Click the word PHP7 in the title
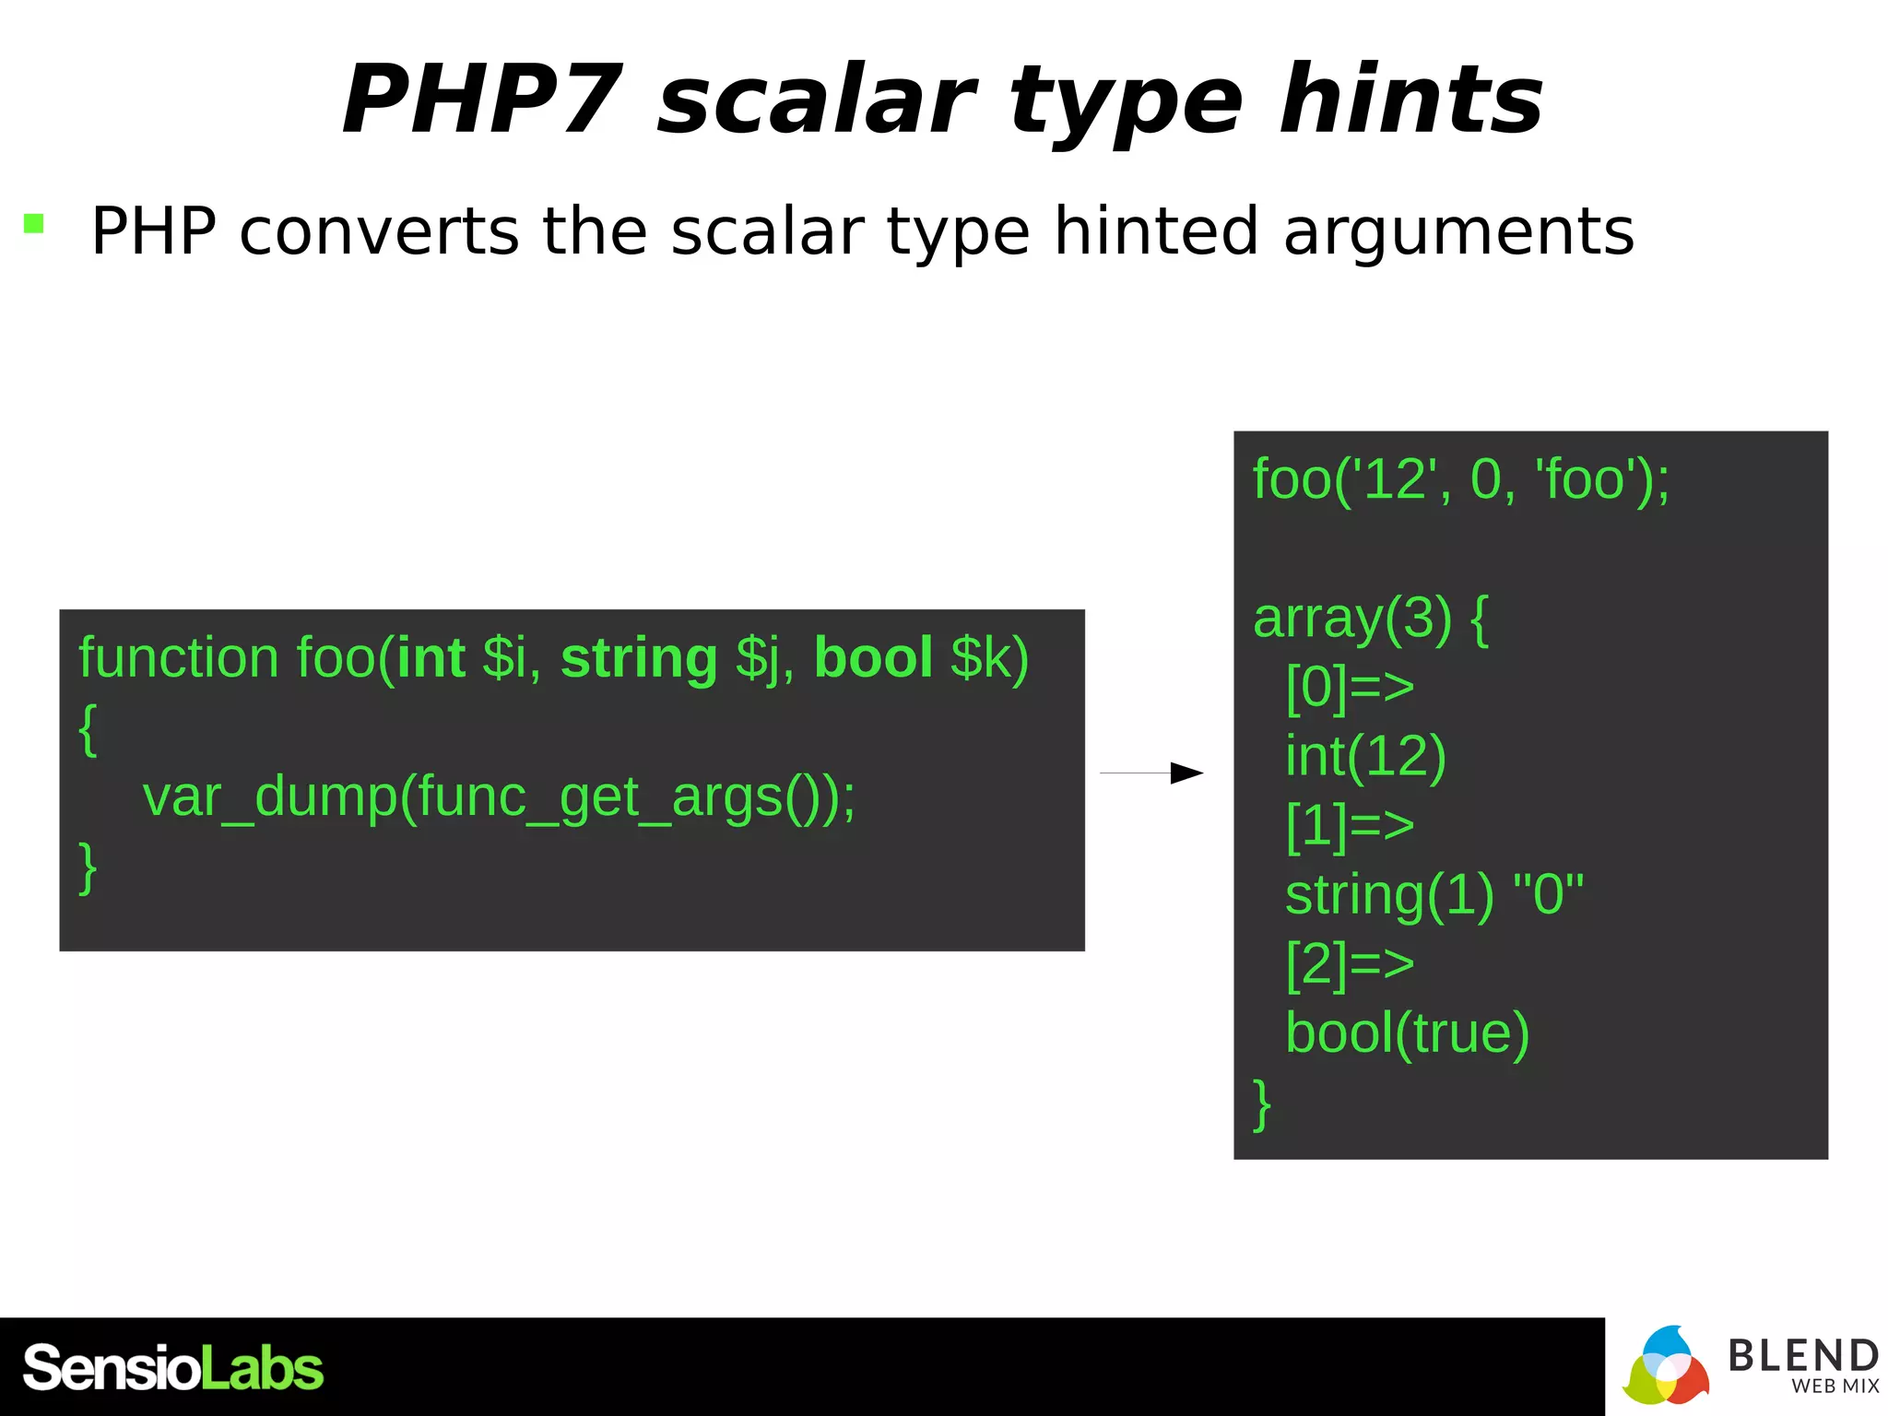[482, 100]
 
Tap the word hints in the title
[1410, 100]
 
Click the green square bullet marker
[34, 224]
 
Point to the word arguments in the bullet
[1458, 232]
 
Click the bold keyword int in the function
[431, 658]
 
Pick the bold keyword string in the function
[639, 660]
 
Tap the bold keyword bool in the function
[873, 658]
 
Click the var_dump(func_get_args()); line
[499, 796]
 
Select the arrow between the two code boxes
[1152, 773]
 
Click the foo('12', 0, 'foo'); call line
[1460, 479]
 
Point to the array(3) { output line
[1371, 618]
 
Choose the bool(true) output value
[1407, 1032]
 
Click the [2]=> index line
[1350, 963]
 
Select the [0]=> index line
[1350, 687]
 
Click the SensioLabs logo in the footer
[173, 1367]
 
